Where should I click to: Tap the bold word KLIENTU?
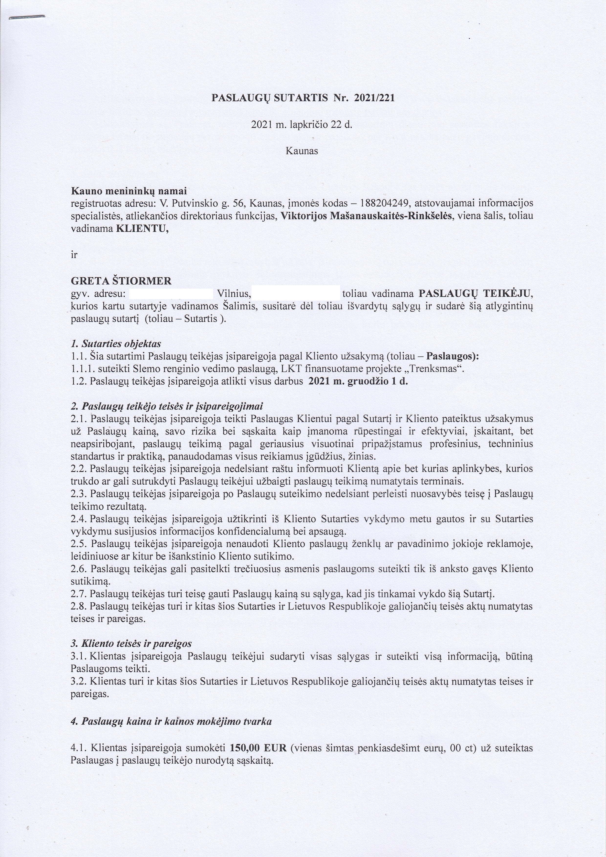click(142, 229)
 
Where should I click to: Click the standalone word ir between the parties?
click(74, 255)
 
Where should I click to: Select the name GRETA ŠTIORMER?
click(121, 281)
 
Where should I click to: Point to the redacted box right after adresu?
click(171, 294)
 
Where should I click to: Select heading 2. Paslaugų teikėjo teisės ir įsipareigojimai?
click(167, 406)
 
